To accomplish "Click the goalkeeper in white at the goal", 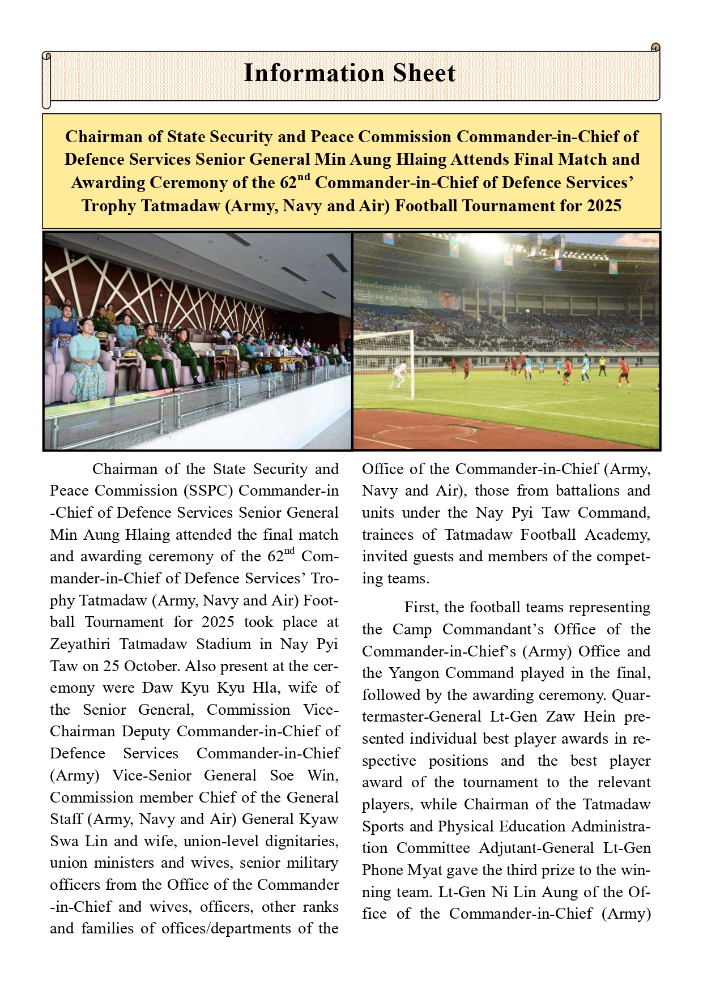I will coord(402,374).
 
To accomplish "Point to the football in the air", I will coord(529,311).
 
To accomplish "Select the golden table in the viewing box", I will coord(272,365).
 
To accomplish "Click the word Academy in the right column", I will coord(617,535).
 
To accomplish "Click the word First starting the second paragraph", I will coord(421,608).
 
